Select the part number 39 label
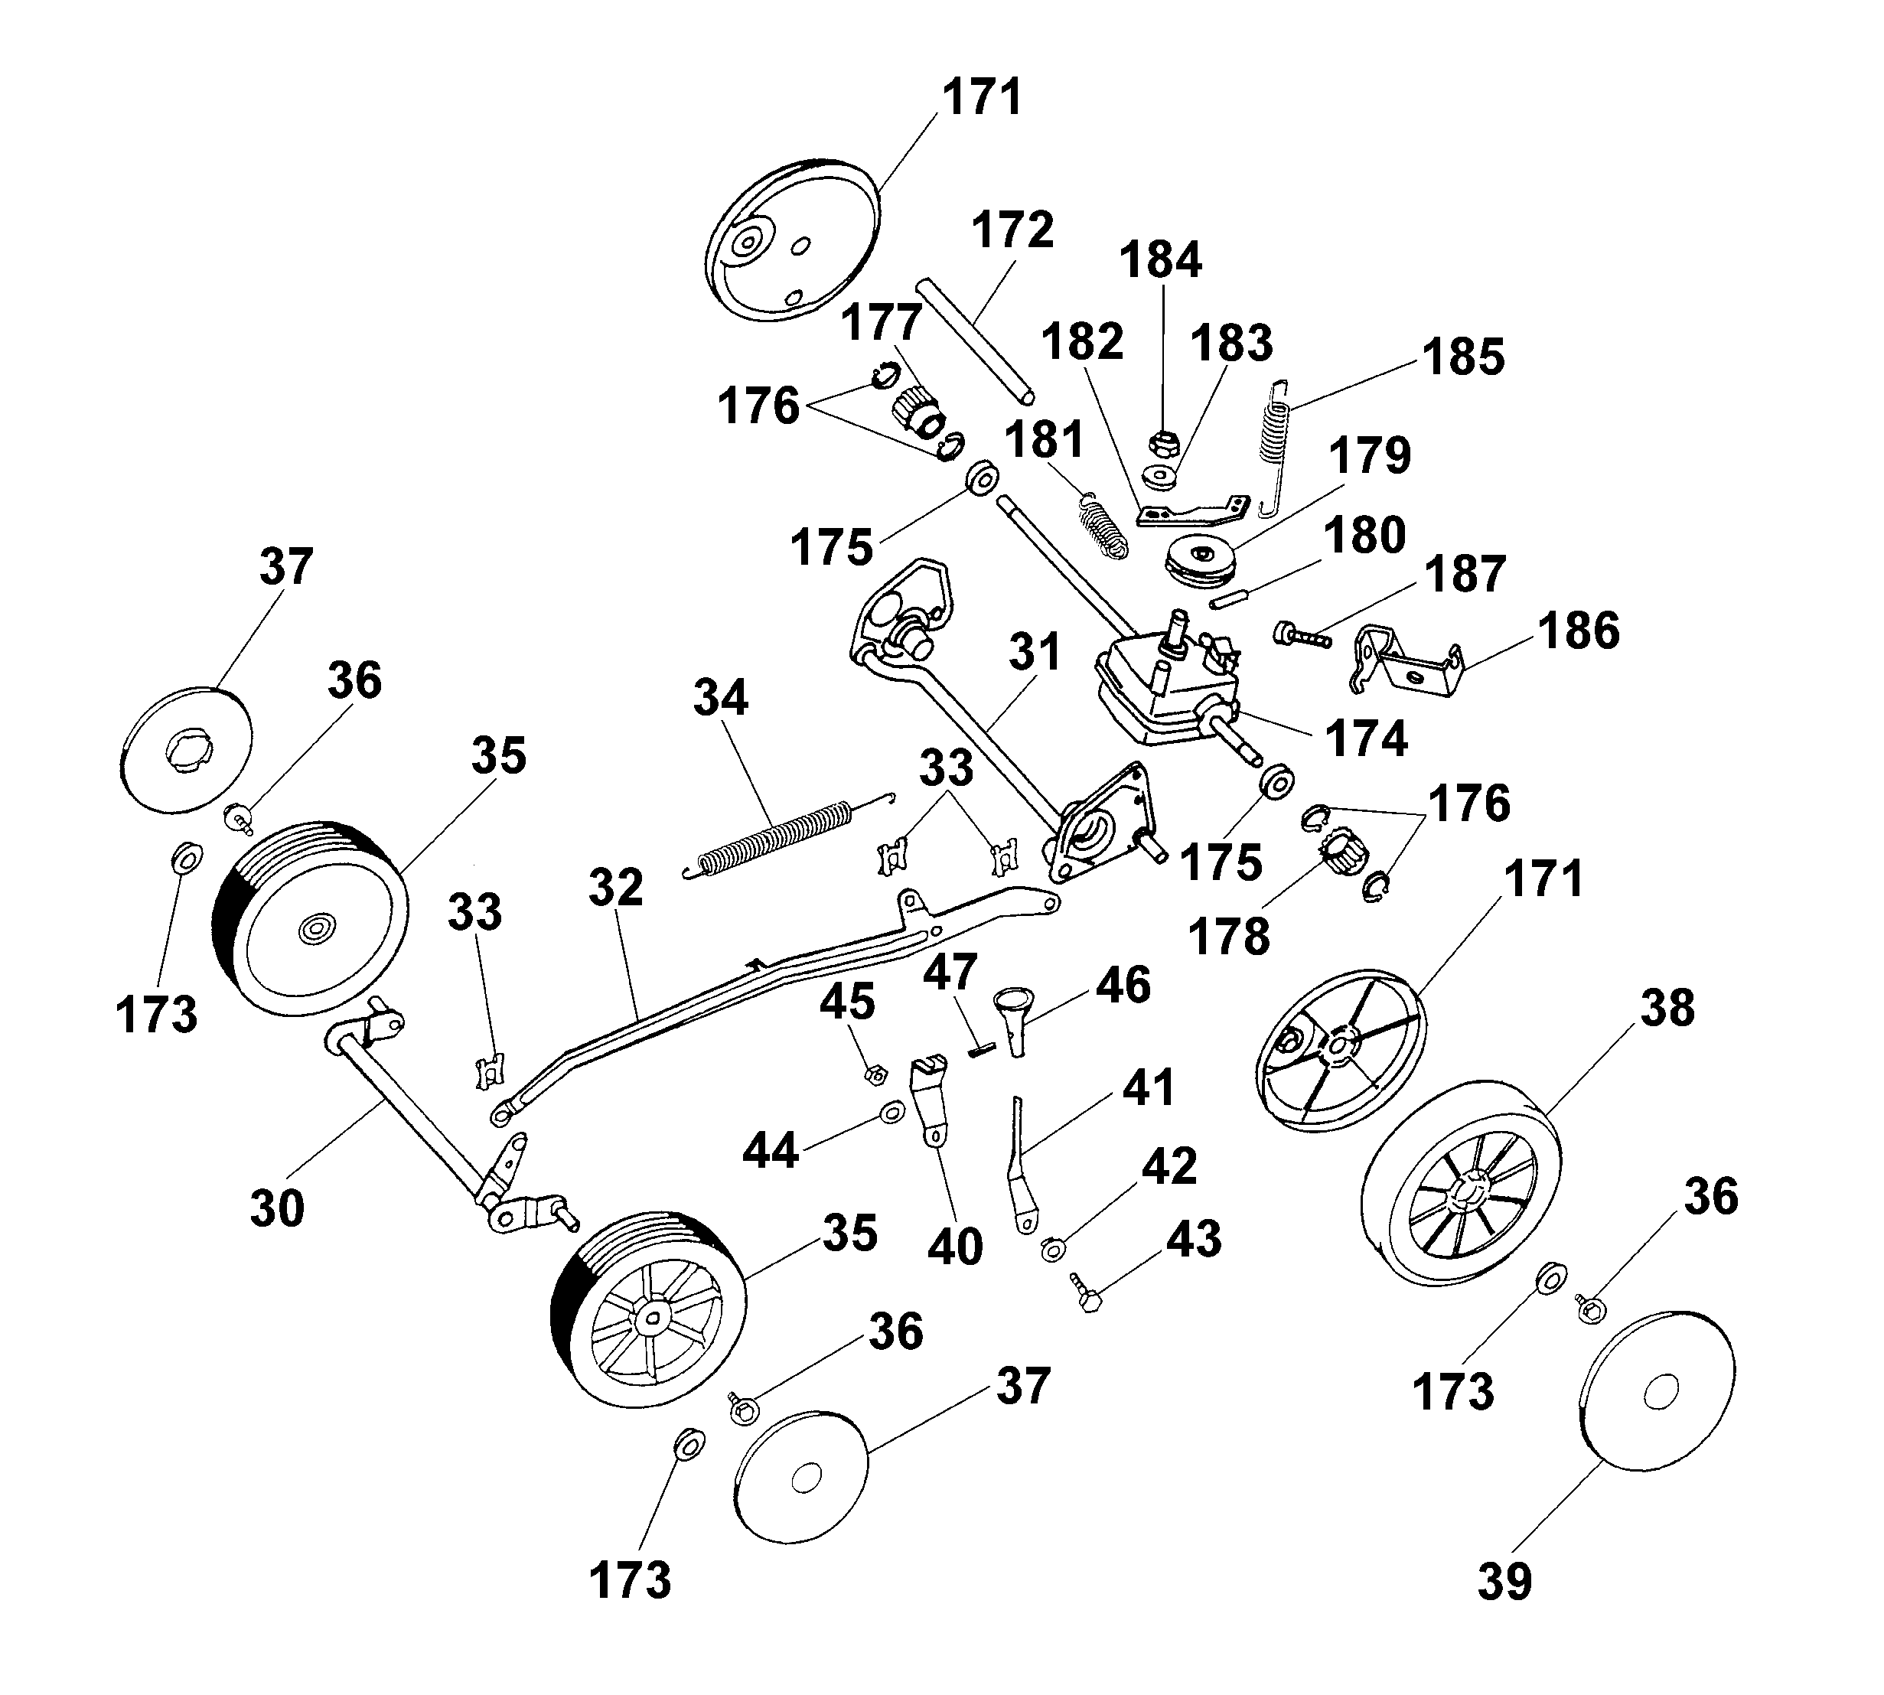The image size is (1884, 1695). (1504, 1582)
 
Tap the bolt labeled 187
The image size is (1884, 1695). (1299, 636)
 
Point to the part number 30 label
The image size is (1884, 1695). (276, 1209)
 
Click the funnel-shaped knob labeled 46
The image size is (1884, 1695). (1017, 1022)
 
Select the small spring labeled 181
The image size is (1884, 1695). (1103, 525)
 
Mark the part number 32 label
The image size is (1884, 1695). (615, 888)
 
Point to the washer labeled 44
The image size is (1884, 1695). (890, 1111)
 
